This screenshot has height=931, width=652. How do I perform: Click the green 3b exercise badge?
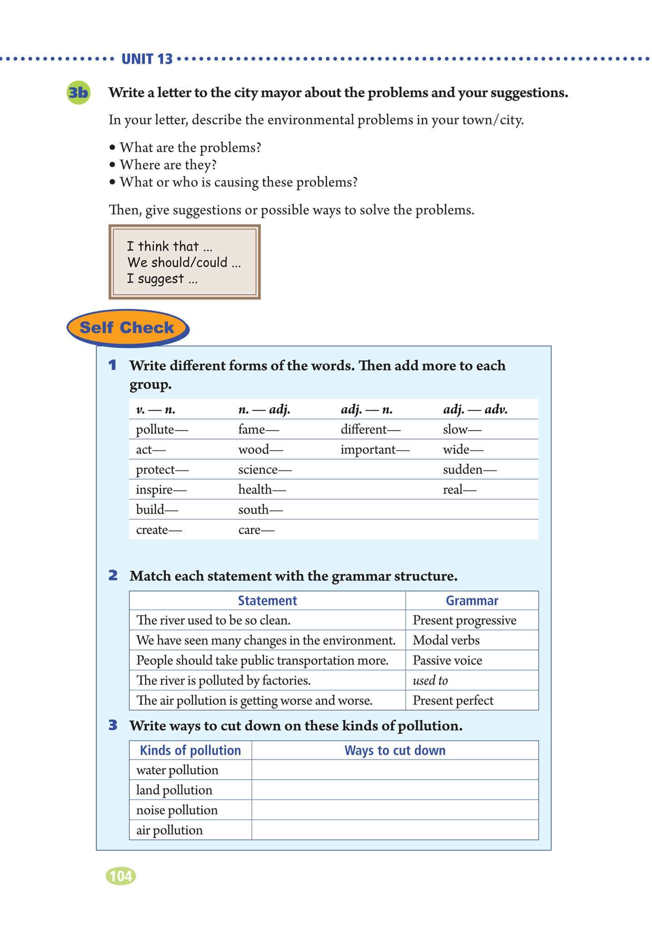[x=78, y=93]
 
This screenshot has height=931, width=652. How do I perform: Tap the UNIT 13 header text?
[x=147, y=59]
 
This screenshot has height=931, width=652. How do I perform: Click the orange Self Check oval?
[x=127, y=327]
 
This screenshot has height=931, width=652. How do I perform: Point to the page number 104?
[x=121, y=876]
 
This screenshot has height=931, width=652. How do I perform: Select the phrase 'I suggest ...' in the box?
[x=162, y=279]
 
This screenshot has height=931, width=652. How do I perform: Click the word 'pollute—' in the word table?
[x=161, y=430]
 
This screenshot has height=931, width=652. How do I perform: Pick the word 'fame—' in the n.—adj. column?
[x=258, y=430]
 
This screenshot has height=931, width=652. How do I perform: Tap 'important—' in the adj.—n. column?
[x=375, y=450]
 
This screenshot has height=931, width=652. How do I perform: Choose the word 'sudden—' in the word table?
[x=469, y=470]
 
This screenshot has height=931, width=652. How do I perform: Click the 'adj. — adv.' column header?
[x=475, y=410]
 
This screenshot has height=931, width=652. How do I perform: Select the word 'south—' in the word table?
[x=260, y=510]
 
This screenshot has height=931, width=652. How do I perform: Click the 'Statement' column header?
[x=267, y=601]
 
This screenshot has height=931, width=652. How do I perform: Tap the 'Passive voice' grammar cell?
[x=447, y=661]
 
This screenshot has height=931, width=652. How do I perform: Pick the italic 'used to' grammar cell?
[x=430, y=681]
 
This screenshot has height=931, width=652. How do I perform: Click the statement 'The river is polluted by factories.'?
[x=223, y=681]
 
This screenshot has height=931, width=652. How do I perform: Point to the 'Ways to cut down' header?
[x=395, y=751]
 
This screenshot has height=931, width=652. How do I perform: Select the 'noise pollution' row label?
[x=177, y=810]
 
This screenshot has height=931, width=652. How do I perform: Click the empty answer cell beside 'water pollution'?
[x=395, y=770]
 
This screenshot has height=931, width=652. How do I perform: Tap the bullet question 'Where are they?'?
[x=168, y=165]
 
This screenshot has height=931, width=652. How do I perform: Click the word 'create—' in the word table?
[x=159, y=530]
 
